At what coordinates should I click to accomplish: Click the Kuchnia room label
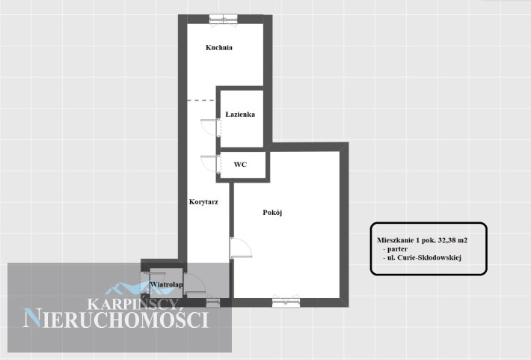pyautogui.click(x=219, y=47)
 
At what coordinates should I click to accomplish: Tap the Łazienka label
pyautogui.click(x=240, y=115)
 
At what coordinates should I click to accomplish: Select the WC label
pyautogui.click(x=240, y=165)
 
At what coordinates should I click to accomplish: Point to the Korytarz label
pyautogui.click(x=203, y=201)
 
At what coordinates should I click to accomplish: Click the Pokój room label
pyautogui.click(x=272, y=213)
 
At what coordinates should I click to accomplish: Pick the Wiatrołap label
pyautogui.click(x=166, y=284)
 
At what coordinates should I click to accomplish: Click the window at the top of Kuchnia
pyautogui.click(x=223, y=19)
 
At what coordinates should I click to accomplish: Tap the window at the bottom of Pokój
pyautogui.click(x=286, y=302)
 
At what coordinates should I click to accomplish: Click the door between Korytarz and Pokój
pyautogui.click(x=241, y=248)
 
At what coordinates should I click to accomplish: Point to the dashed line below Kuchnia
pyautogui.click(x=200, y=100)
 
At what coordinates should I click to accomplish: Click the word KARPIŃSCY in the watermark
pyautogui.click(x=133, y=304)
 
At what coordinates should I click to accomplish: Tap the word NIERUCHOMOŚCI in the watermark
pyautogui.click(x=115, y=319)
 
